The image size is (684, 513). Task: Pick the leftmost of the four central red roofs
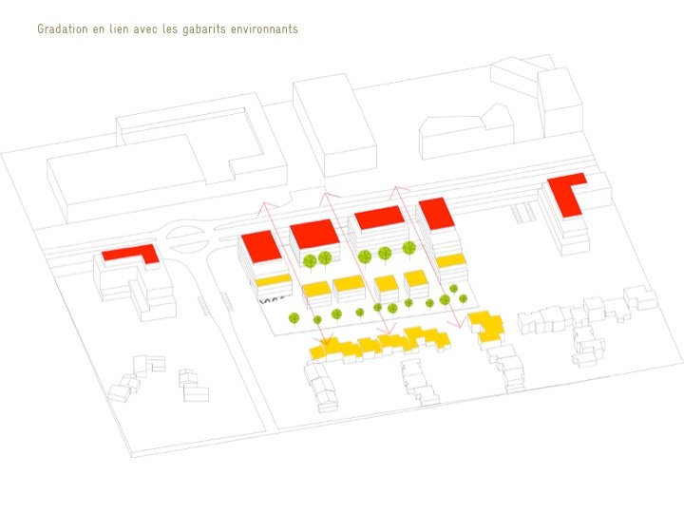(261, 246)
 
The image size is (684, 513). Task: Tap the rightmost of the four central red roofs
(434, 213)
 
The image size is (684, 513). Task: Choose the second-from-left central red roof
(315, 233)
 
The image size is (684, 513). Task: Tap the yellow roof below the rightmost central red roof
(450, 259)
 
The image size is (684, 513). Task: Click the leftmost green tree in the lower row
(294, 317)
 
